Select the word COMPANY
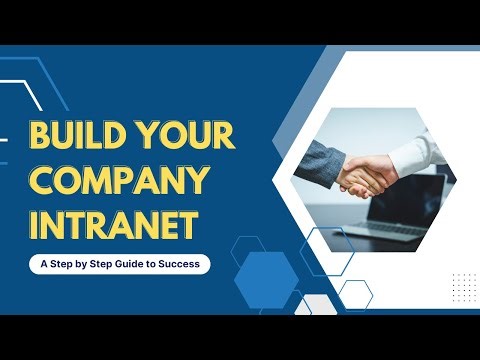pos(118,183)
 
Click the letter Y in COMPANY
pos(199,183)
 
